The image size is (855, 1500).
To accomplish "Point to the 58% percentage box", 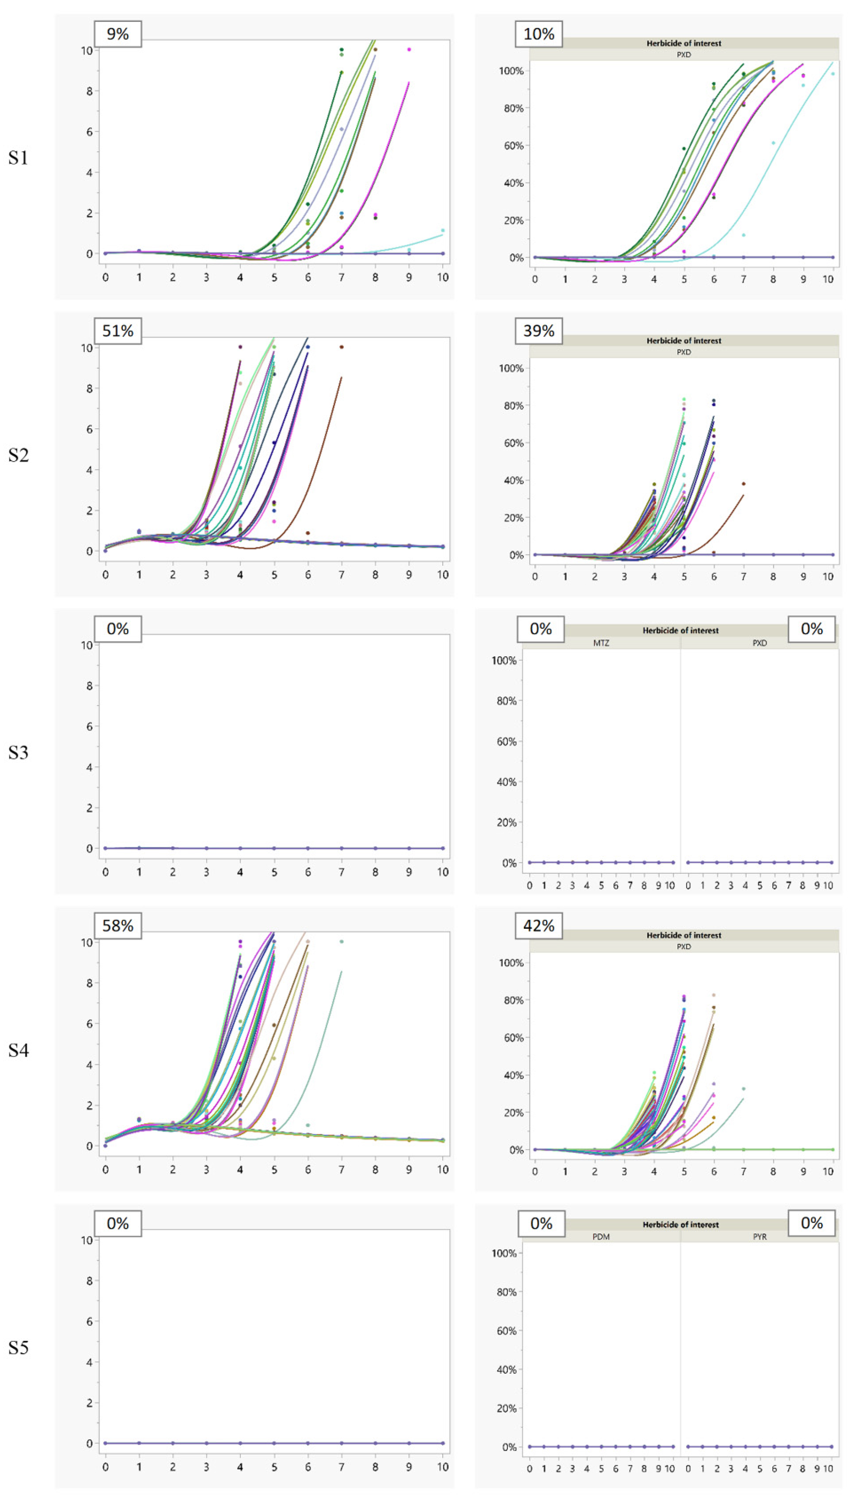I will coord(118,926).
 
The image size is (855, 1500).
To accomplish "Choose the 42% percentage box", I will coord(539,926).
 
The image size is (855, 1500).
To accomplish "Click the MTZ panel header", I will coord(601,643).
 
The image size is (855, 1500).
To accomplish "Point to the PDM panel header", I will coord(601,1236).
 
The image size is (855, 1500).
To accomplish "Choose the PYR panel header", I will coord(759,1236).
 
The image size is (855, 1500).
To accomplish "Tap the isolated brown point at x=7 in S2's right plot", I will coord(743,484).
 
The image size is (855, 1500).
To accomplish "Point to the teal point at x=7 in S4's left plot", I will coord(342,942).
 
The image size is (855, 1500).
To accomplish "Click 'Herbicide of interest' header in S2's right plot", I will coord(683,340).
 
